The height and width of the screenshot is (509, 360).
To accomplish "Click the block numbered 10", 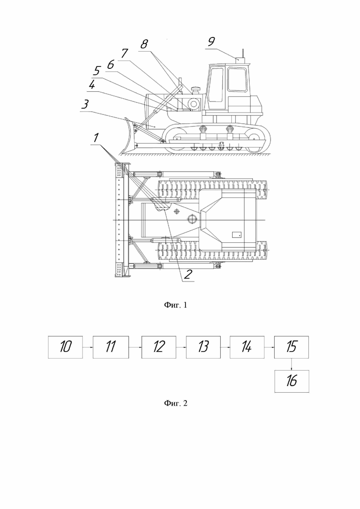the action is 65,347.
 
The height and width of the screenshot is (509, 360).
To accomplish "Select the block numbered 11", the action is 111,347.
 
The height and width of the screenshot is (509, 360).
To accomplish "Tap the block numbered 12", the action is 159,347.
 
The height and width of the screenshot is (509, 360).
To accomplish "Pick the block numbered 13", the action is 203,347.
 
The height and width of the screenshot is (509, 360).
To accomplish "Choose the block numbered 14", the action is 247,347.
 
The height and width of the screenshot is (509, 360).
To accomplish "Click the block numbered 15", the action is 291,347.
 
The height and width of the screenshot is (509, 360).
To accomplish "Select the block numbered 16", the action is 292,381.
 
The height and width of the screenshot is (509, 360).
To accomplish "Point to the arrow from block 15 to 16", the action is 292,364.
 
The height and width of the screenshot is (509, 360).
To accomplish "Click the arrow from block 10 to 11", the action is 88,347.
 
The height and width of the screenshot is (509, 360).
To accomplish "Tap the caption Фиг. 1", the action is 176,305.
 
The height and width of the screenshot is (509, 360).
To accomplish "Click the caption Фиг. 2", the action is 176,403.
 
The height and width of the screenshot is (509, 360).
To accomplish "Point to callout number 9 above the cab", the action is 211,42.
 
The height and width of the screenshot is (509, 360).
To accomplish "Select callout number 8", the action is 144,44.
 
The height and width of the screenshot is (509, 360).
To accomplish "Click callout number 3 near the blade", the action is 85,104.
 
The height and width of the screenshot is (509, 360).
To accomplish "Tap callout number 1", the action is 96,138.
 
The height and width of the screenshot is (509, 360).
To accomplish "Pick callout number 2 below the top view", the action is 188,274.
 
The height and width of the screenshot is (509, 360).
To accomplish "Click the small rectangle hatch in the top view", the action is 236,234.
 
